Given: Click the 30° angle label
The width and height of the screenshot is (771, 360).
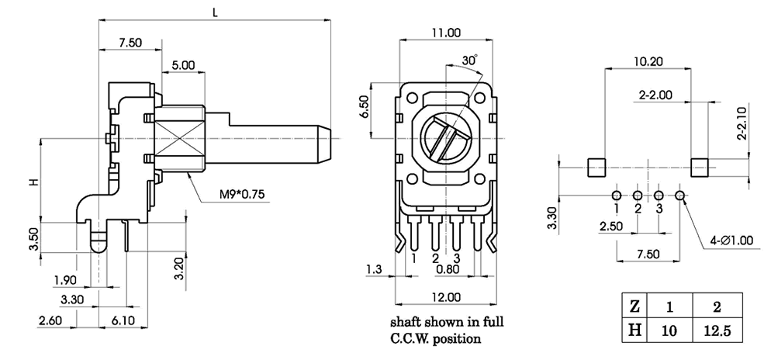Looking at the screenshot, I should point(468,60).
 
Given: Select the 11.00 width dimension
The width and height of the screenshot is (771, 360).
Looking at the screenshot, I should point(445,33).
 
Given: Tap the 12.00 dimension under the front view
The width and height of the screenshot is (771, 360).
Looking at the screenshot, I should point(445,297).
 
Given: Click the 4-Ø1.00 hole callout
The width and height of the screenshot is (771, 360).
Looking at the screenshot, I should point(731,241).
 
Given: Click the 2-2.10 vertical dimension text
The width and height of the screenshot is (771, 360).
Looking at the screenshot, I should point(742,123).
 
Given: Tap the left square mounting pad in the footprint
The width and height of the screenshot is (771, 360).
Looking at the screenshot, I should point(596,166).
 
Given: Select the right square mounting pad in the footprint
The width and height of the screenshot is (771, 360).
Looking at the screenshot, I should point(700,166).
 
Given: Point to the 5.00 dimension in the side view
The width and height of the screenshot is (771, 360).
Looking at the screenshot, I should point(183,66).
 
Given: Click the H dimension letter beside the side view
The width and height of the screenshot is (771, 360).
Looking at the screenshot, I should point(33,182).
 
